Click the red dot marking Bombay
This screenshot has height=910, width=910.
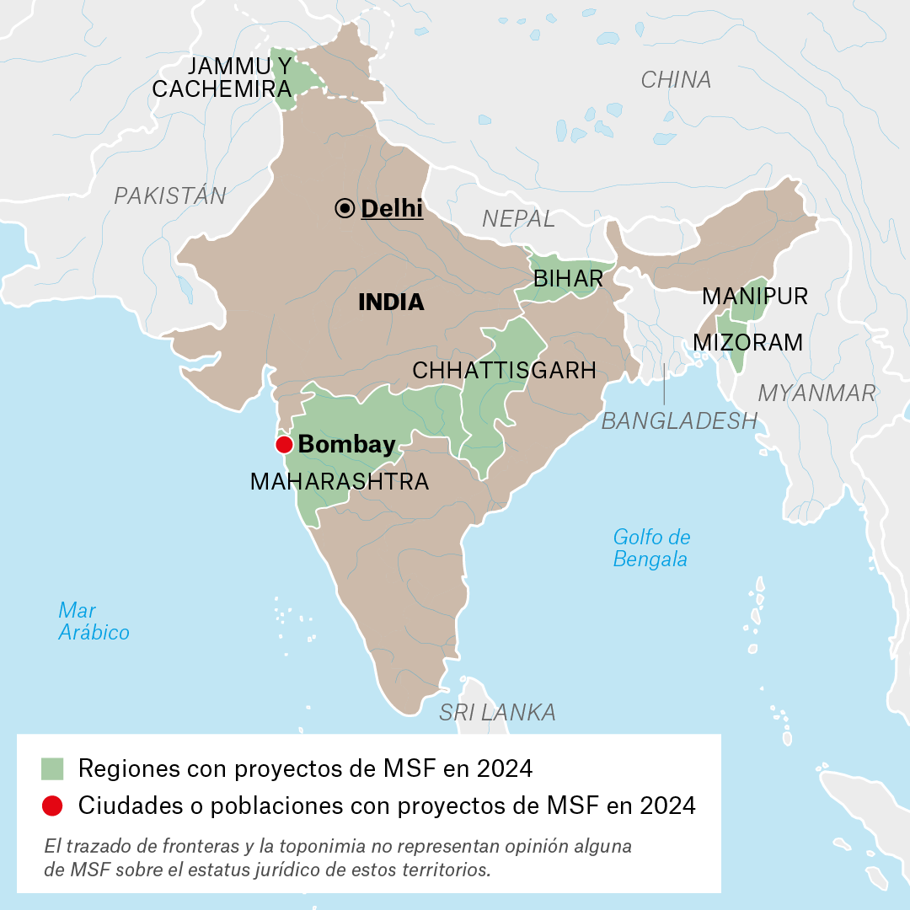coord(284,445)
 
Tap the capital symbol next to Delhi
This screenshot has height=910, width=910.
coord(345,209)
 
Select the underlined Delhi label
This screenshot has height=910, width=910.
coord(392,208)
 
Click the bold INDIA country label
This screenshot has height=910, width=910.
coord(391,302)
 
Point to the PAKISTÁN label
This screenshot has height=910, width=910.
coord(170,196)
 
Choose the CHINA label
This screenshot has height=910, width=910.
coord(676,80)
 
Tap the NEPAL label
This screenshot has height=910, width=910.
coord(518,219)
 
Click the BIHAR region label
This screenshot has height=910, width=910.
coord(568,279)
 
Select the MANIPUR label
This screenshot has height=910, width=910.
coord(755,297)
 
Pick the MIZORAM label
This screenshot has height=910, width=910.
coord(747,342)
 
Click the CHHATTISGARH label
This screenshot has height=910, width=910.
coord(504,370)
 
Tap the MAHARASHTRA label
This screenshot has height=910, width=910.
coord(340,482)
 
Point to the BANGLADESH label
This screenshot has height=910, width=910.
coord(679,420)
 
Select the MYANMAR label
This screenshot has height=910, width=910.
coord(816,393)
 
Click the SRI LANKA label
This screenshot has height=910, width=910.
coord(497,713)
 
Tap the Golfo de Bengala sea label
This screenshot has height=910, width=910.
coord(651,548)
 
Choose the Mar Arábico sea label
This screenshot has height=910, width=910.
coord(94,621)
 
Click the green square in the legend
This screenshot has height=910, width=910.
coord(52,768)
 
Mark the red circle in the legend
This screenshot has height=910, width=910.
coord(52,806)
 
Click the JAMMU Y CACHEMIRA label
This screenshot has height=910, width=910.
coord(222,78)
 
